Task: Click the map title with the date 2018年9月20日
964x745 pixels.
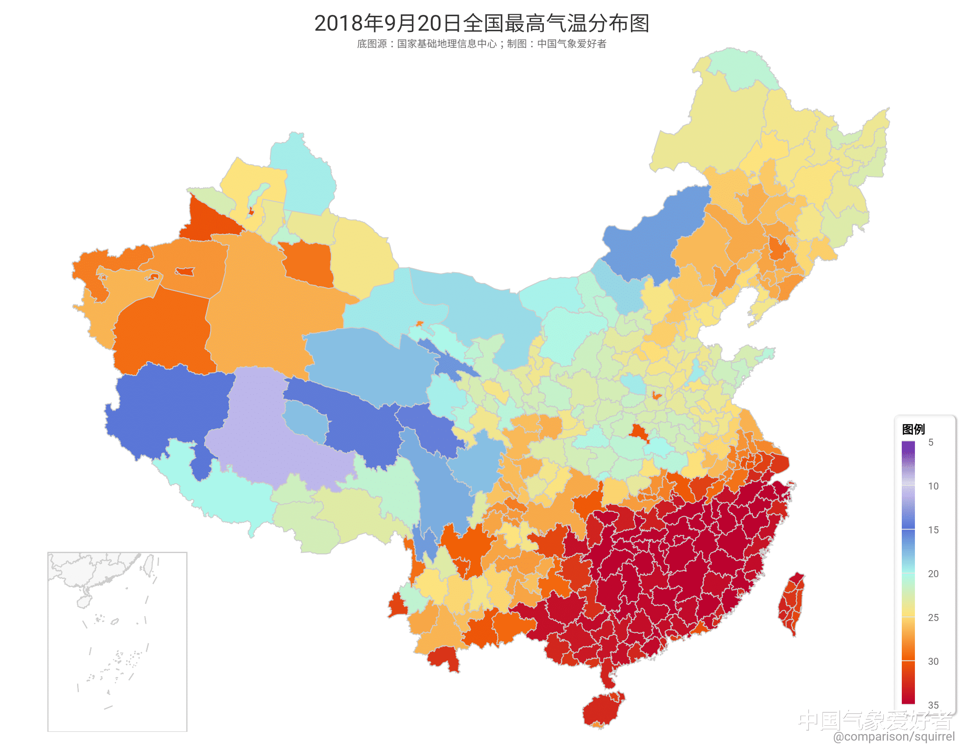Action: point(481,23)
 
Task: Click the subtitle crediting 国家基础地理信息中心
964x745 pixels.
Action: point(481,44)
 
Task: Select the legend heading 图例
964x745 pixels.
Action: point(913,429)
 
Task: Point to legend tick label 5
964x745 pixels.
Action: point(930,442)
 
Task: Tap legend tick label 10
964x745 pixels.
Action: point(932,486)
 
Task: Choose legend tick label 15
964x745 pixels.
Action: point(932,530)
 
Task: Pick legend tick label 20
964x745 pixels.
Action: point(932,573)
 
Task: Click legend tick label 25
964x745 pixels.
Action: point(932,617)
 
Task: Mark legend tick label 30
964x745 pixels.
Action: point(932,661)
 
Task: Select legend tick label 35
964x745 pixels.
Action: point(932,704)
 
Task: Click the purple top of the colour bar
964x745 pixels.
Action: point(908,448)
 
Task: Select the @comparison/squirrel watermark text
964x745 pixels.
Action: point(893,736)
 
